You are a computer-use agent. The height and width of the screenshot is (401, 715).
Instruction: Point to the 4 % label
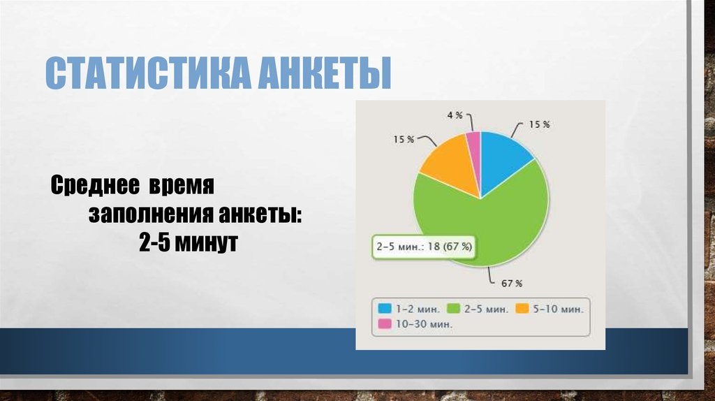pyautogui.click(x=454, y=114)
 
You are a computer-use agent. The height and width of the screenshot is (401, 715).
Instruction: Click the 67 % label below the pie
pyautogui.click(x=512, y=283)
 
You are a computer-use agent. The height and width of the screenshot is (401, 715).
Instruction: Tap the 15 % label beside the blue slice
pyautogui.click(x=538, y=124)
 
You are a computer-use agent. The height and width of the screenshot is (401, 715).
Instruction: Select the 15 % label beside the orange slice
pyautogui.click(x=404, y=139)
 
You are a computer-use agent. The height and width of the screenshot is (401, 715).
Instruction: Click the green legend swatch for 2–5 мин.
pyautogui.click(x=452, y=307)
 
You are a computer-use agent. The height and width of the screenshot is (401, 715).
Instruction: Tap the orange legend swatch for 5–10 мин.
pyautogui.click(x=521, y=307)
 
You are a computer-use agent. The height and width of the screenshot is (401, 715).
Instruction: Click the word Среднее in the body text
pyautogui.click(x=93, y=188)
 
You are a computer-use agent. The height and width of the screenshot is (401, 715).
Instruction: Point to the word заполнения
pyautogui.click(x=146, y=215)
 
